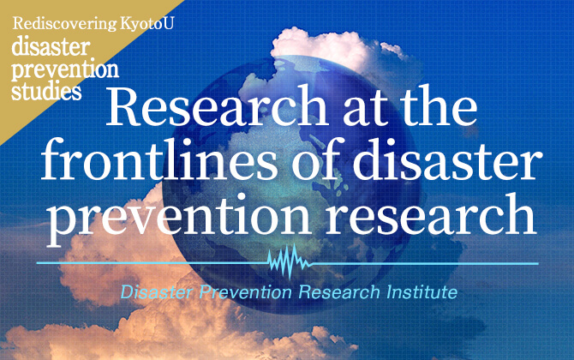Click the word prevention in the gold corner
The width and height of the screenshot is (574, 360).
coord(64,70)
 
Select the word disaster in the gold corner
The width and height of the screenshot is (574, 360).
coord(46,49)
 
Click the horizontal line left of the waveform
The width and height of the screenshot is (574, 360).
coord(154,262)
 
